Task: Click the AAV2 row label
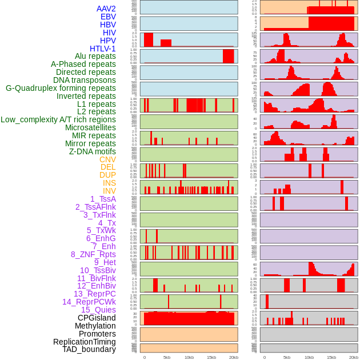[106, 9]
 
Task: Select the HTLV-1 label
[102, 49]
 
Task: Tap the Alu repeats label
[95, 56]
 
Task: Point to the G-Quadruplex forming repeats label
[61, 88]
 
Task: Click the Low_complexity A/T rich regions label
[58, 119]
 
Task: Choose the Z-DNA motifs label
[92, 151]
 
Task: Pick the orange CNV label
[107, 159]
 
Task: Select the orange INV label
[109, 191]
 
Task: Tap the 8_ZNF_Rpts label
[93, 254]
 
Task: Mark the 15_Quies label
[98, 310]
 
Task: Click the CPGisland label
[97, 318]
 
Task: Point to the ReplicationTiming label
[84, 342]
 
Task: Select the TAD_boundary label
[89, 349]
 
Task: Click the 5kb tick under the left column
[167, 357]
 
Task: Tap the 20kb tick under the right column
[354, 357]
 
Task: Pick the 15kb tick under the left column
[211, 357]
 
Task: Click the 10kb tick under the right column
[309, 357]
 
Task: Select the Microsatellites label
[90, 127]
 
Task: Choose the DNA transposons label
[85, 80]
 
